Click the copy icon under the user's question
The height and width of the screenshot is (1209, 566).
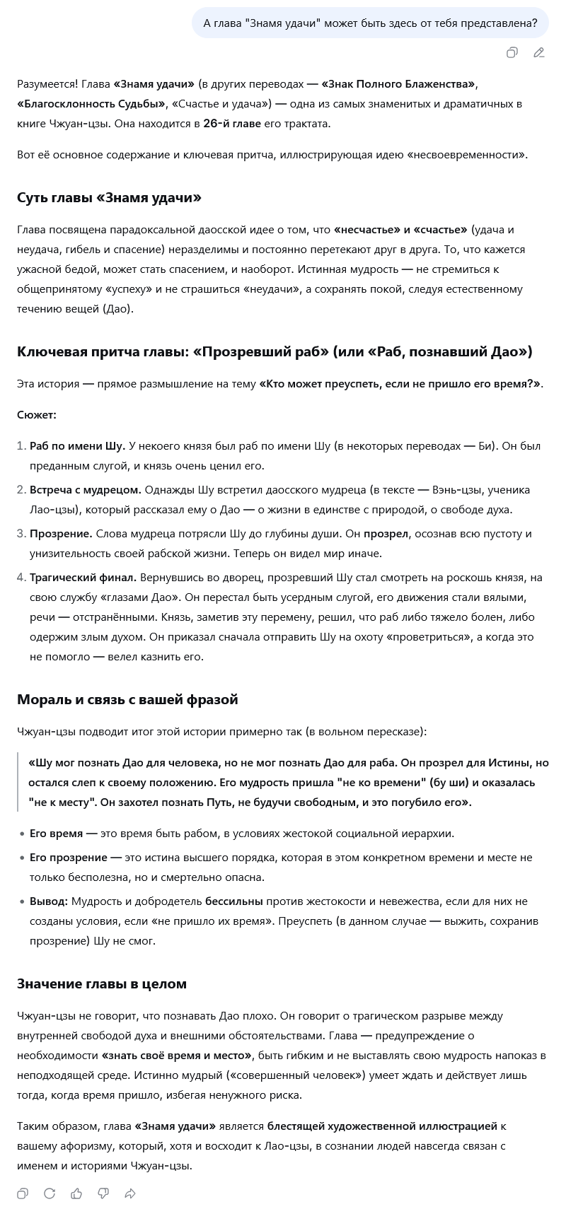click(x=512, y=52)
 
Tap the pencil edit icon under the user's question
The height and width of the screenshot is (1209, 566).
click(x=538, y=52)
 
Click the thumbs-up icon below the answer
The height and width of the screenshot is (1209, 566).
click(x=76, y=1193)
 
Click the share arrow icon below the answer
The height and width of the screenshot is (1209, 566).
click(x=130, y=1193)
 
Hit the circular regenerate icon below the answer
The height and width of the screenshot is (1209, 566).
click(x=50, y=1193)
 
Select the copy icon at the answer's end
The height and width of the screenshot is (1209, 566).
click(x=23, y=1193)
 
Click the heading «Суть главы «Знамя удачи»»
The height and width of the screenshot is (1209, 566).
click(x=109, y=198)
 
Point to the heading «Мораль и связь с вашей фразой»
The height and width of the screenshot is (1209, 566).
click(x=127, y=699)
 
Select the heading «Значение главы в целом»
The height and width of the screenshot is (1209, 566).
click(x=102, y=983)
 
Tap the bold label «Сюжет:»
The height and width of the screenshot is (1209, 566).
click(x=37, y=415)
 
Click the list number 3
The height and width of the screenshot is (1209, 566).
click(x=21, y=534)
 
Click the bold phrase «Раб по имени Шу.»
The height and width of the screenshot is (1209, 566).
click(x=77, y=446)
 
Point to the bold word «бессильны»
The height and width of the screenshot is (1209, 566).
click(x=234, y=901)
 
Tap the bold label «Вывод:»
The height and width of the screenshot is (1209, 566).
click(x=49, y=901)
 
